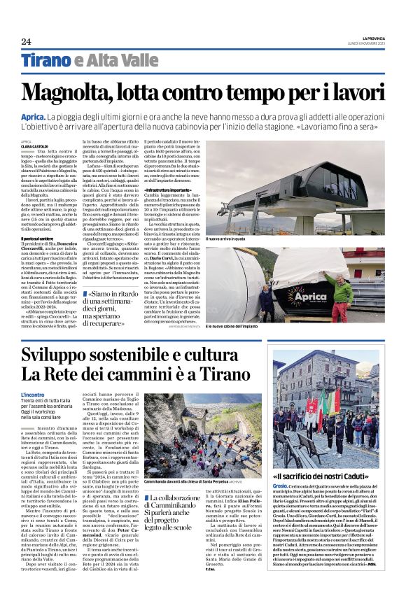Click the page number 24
26,41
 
